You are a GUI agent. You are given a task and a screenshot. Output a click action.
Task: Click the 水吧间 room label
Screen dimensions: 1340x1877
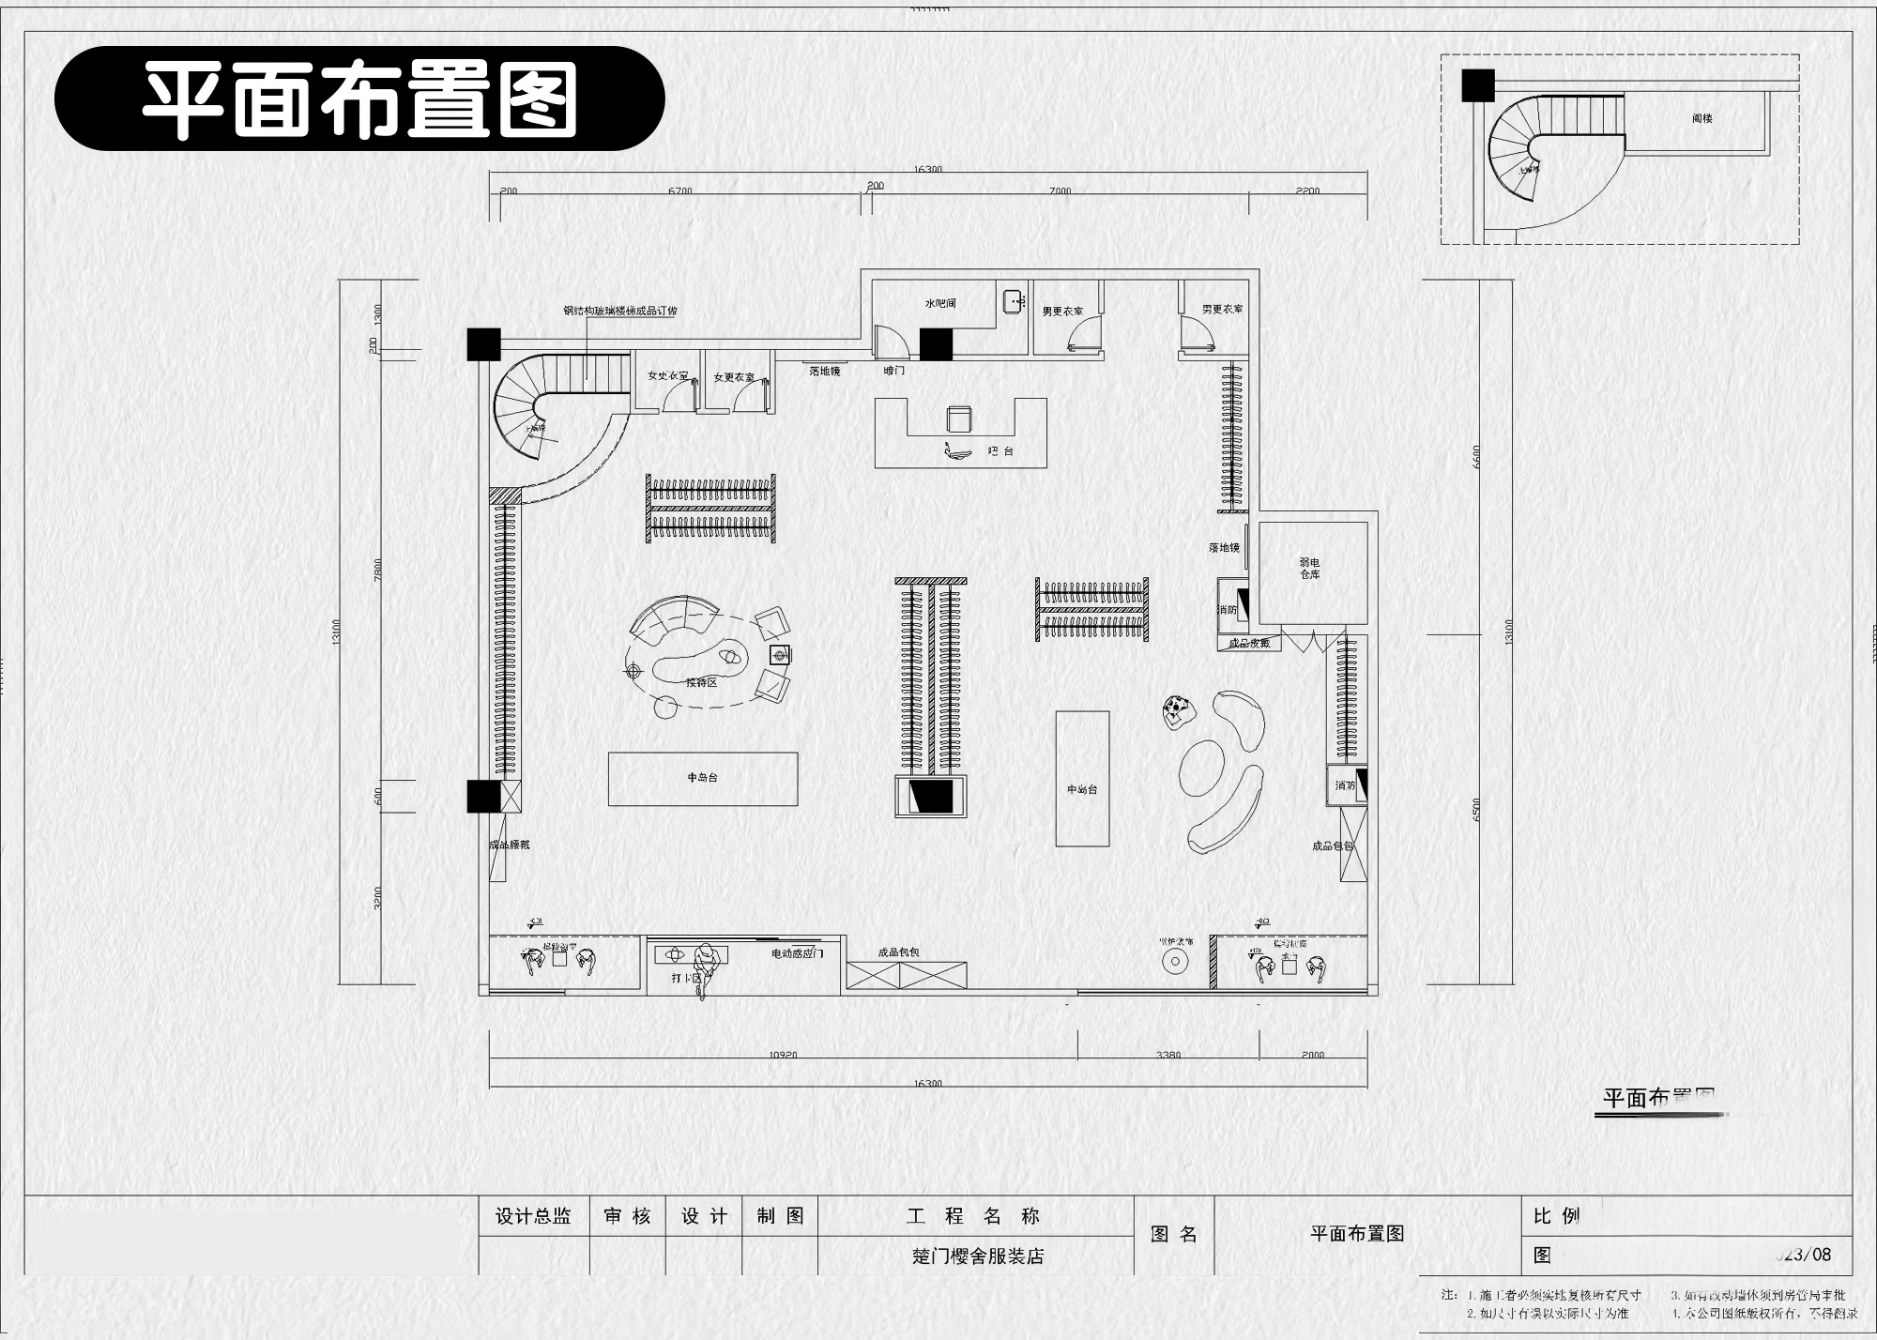(940, 304)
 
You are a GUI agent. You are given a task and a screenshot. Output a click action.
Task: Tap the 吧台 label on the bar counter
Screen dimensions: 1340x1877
(1001, 451)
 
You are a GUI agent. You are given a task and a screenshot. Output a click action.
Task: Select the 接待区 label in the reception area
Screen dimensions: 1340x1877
(701, 682)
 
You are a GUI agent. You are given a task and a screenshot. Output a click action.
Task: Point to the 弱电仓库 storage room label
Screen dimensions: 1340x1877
(1310, 569)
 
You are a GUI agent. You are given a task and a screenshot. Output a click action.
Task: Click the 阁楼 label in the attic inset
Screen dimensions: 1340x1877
(1702, 119)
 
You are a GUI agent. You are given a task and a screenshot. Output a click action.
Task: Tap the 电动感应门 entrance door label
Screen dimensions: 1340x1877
(797, 953)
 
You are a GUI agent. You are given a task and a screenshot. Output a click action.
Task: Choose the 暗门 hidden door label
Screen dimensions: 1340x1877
(894, 371)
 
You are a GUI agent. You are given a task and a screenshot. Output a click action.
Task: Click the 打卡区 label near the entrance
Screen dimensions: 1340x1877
(686, 978)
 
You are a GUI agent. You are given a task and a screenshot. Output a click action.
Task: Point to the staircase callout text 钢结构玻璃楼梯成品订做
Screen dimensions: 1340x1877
(619, 311)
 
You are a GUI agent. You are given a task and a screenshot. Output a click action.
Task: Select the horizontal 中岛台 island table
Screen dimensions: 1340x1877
(703, 778)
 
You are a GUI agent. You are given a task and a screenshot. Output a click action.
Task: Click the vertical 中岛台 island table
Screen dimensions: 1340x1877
(1082, 779)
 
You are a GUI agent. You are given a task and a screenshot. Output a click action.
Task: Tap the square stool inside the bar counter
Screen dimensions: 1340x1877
(959, 419)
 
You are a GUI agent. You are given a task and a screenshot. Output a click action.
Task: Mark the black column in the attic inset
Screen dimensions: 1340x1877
(1477, 85)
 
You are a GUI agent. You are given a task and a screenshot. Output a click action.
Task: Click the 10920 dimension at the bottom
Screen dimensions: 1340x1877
(783, 1055)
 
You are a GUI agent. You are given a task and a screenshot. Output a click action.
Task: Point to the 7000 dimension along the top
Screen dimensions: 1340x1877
(1060, 191)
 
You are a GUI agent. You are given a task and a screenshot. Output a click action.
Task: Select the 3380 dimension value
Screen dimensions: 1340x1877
(1168, 1055)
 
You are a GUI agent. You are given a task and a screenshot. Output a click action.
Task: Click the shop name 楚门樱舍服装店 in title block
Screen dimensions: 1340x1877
(978, 1256)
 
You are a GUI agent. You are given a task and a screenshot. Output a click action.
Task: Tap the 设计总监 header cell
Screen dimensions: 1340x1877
(533, 1216)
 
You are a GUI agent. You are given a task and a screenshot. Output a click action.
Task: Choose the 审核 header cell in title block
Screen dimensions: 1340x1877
(627, 1216)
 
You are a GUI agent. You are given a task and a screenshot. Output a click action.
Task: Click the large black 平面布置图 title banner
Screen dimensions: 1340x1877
(359, 99)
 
